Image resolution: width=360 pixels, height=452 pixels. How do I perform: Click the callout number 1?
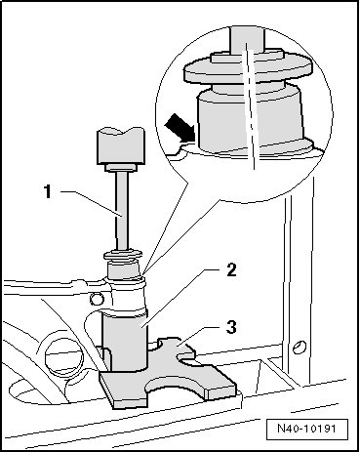click(x=48, y=191)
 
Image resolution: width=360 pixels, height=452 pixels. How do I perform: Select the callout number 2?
click(x=231, y=270)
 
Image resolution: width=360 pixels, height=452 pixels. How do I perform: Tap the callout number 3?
click(x=231, y=327)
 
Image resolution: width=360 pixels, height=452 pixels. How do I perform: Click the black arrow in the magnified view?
click(x=179, y=128)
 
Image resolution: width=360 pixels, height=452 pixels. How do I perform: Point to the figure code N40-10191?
click(x=306, y=428)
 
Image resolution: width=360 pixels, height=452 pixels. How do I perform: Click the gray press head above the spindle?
click(x=121, y=145)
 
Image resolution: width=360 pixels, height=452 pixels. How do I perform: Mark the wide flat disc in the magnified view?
click(x=248, y=69)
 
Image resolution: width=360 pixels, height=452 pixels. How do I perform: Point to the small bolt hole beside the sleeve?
click(x=97, y=299)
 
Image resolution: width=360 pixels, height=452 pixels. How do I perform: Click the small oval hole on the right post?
click(x=299, y=347)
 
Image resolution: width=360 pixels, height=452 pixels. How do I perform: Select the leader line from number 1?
click(x=92, y=203)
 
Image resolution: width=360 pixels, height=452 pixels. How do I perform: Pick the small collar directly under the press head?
click(x=121, y=168)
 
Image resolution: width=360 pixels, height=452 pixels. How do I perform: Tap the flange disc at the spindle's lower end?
click(x=123, y=255)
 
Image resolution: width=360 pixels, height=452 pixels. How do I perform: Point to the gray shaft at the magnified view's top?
click(x=247, y=39)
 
